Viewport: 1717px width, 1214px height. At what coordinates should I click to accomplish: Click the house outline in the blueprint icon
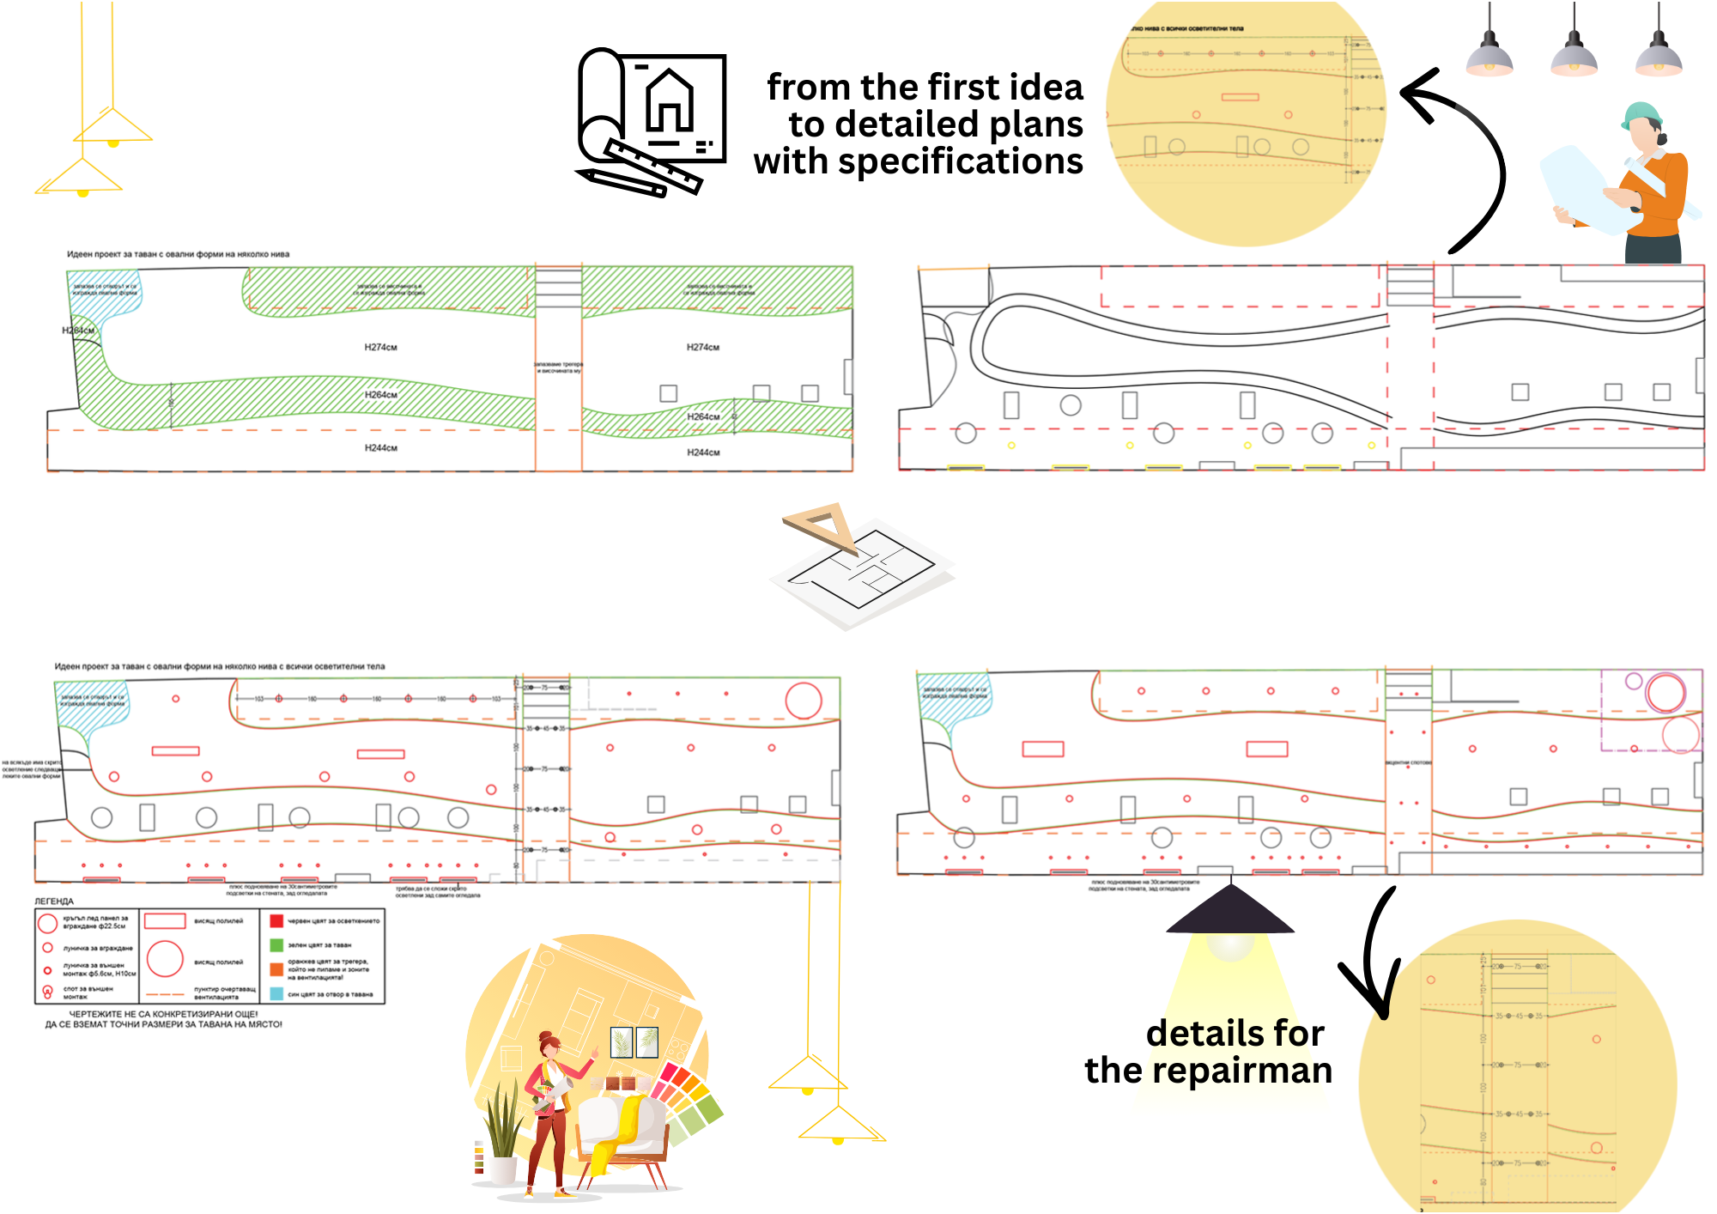click(x=670, y=101)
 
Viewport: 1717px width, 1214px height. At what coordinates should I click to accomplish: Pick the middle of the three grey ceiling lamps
click(x=1574, y=56)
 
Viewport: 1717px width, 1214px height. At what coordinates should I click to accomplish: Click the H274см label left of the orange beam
click(x=380, y=348)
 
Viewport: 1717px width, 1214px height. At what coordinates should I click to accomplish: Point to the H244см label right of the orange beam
click(x=703, y=452)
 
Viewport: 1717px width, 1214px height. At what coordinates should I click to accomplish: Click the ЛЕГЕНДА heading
click(x=54, y=901)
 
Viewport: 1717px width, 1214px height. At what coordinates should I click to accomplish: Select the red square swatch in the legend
click(x=276, y=921)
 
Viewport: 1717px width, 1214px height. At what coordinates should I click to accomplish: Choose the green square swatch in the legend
click(x=276, y=944)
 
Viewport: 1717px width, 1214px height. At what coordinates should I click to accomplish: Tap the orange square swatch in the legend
click(x=276, y=969)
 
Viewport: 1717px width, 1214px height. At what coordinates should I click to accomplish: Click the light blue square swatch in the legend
click(x=276, y=993)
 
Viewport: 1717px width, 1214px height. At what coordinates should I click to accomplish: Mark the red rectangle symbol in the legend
click(x=165, y=921)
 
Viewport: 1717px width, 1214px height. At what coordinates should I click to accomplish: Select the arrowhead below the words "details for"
click(x=1374, y=996)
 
